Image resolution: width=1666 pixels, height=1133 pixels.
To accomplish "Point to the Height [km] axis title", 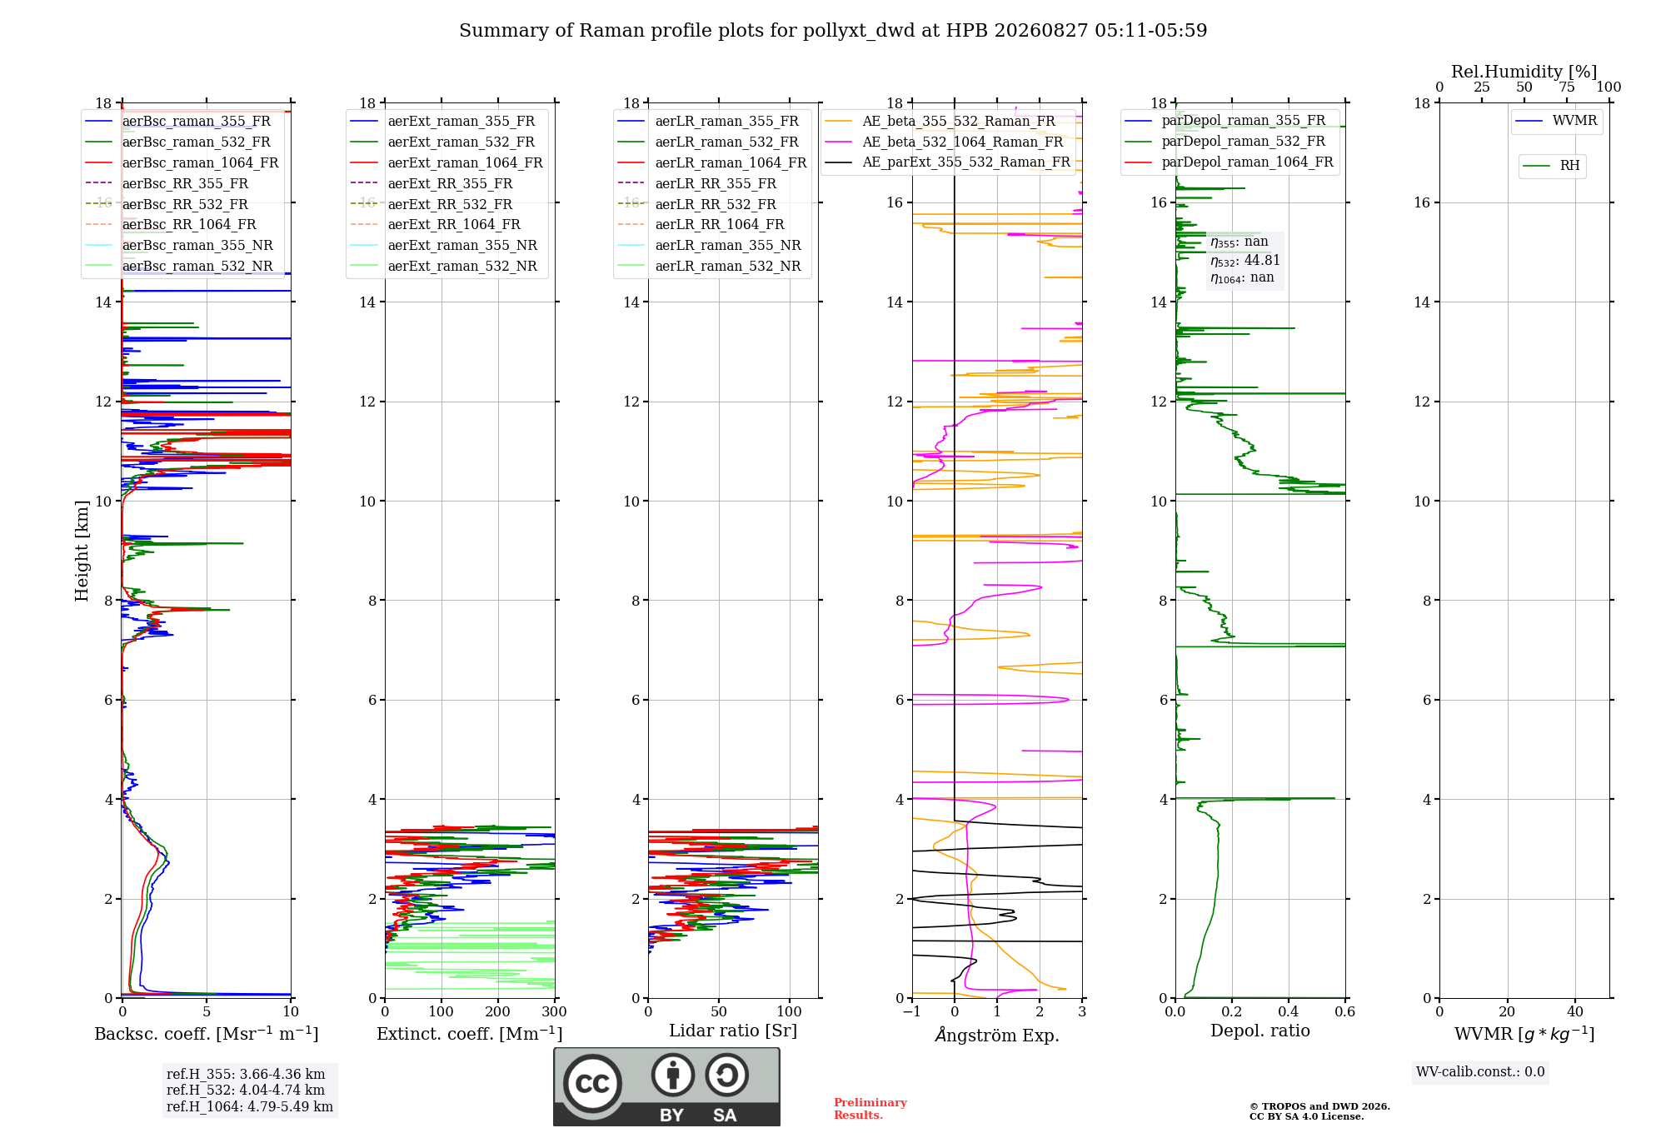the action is (x=82, y=551).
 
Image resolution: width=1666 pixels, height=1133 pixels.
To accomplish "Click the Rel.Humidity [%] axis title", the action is (x=1524, y=72).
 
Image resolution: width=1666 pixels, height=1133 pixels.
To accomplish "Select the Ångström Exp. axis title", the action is (x=997, y=1035).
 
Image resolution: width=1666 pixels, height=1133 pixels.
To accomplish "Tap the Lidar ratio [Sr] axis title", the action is (x=733, y=1031).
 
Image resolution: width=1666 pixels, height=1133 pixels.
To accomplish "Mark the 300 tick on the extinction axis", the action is (x=554, y=1012).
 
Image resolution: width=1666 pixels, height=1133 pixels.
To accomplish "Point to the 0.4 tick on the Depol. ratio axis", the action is (x=1289, y=1012).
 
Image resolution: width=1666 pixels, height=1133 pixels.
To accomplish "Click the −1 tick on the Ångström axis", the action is (x=912, y=1012).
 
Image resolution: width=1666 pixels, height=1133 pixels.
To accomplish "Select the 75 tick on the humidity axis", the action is (x=1567, y=87).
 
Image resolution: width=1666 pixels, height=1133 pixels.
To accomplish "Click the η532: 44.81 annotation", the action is (x=1245, y=261).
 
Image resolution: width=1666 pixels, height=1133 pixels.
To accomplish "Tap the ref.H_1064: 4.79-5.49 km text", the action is (x=250, y=1107).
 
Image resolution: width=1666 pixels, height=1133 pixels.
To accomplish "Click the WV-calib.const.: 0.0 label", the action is (x=1480, y=1072).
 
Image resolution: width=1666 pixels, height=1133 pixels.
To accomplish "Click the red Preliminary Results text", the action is (x=870, y=1109).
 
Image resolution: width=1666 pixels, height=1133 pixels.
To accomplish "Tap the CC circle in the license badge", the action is (x=592, y=1084).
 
